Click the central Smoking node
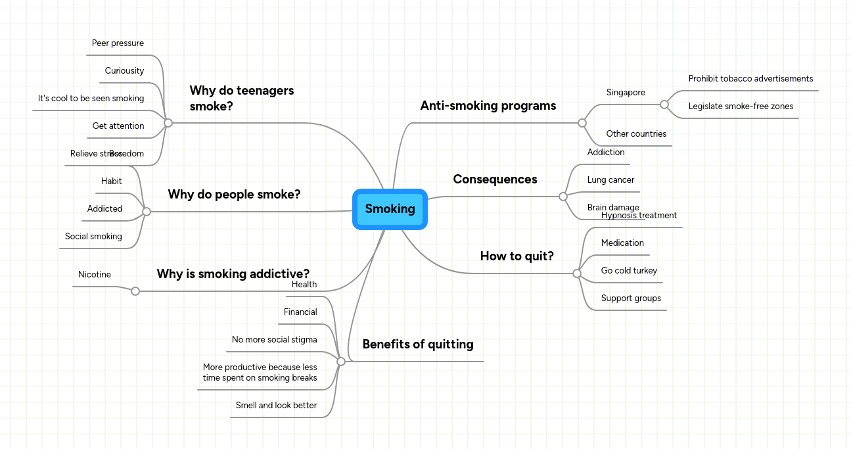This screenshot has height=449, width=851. [x=390, y=209]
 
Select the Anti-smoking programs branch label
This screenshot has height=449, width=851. [x=488, y=106]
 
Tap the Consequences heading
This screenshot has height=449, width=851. [x=495, y=179]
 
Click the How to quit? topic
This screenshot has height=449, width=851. [x=517, y=256]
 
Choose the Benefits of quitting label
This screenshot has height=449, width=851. [x=417, y=344]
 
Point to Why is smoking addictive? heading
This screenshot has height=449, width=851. [x=233, y=274]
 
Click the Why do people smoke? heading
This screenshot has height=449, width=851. [x=234, y=195]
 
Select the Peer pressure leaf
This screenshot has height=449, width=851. [x=118, y=43]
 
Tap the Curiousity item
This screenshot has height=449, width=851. [x=124, y=71]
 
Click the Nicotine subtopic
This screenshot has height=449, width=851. [x=95, y=275]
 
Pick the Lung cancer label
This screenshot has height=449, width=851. [x=610, y=180]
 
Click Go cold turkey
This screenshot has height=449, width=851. [x=629, y=271]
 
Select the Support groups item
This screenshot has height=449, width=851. [x=631, y=298]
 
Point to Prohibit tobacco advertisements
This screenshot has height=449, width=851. [x=750, y=79]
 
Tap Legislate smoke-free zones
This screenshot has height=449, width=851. [x=741, y=106]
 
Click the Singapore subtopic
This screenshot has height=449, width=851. [x=626, y=93]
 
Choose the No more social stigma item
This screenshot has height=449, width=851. [x=274, y=340]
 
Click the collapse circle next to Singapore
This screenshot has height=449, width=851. [x=664, y=105]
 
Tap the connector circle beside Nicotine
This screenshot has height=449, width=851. [x=135, y=291]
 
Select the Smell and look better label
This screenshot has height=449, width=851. [x=276, y=406]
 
